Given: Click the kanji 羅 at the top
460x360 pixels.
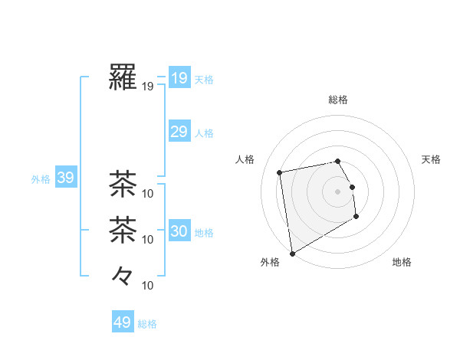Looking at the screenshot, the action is click(x=123, y=77).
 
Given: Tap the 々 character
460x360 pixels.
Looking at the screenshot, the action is click(x=123, y=275).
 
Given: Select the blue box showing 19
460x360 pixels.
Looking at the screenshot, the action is click(x=179, y=78).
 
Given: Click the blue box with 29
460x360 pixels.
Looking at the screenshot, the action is click(x=179, y=132).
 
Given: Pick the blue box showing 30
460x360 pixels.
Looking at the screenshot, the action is click(x=179, y=231).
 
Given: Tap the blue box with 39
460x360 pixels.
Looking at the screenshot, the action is click(x=65, y=178).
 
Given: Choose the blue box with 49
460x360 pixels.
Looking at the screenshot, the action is click(x=123, y=322).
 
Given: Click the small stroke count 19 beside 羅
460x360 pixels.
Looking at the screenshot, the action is click(x=148, y=87).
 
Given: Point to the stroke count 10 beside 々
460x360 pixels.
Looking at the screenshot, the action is click(x=148, y=286).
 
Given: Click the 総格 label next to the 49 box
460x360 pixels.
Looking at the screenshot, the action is click(x=147, y=324).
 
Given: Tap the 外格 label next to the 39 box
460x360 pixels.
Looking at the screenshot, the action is click(x=41, y=179).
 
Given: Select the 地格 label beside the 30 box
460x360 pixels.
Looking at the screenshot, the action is click(x=204, y=232).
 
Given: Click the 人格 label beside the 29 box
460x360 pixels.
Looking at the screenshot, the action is click(x=204, y=133).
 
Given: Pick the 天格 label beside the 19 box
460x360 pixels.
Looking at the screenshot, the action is click(x=204, y=80).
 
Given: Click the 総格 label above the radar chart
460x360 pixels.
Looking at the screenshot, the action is click(x=337, y=100).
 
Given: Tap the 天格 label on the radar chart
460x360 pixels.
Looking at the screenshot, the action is click(x=431, y=159).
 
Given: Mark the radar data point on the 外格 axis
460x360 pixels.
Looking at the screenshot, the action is click(x=292, y=254).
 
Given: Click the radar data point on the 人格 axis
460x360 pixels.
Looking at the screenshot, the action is click(x=280, y=172).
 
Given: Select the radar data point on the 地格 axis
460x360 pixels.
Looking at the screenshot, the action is click(x=356, y=218).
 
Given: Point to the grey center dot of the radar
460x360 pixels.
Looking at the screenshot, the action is click(x=337, y=191).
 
